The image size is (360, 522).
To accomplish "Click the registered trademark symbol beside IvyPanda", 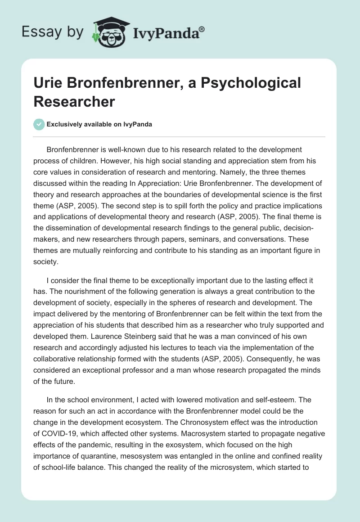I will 202,28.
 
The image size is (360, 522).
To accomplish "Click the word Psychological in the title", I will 243,83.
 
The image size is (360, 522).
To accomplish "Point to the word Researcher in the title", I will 74,102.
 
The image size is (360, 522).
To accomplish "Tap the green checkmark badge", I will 39,124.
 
